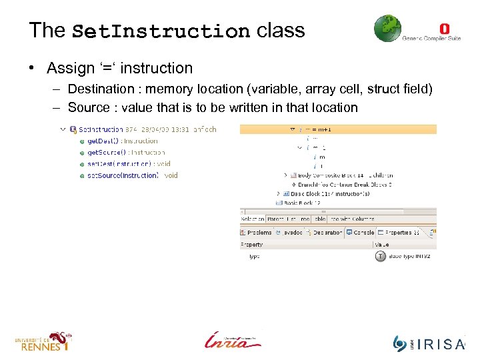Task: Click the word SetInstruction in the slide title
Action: (161, 31)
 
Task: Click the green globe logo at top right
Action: (387, 29)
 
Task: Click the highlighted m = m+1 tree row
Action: (317, 129)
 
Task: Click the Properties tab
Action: (398, 233)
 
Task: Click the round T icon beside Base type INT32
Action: (380, 256)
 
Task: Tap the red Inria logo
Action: (233, 340)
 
